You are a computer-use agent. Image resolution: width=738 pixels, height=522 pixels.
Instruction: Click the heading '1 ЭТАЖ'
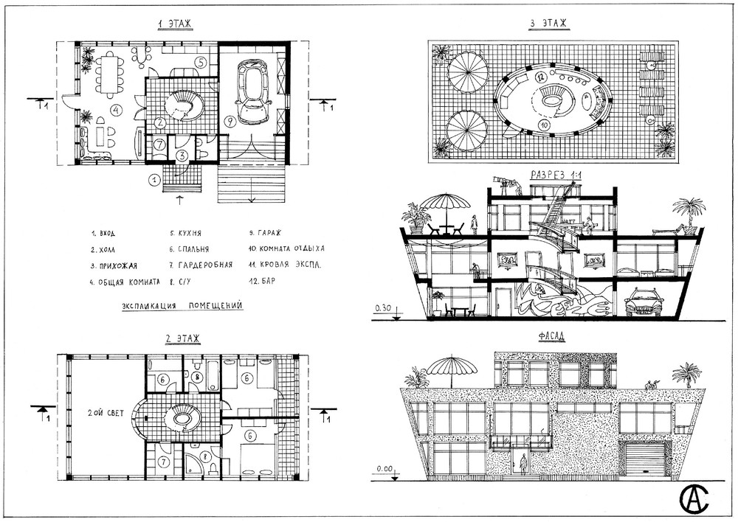(175, 24)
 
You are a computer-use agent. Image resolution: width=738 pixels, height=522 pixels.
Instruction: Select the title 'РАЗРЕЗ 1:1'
(556, 175)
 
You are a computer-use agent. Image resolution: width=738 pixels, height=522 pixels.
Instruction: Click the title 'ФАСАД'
(551, 336)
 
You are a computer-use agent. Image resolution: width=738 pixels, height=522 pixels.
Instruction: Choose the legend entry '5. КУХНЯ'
(186, 233)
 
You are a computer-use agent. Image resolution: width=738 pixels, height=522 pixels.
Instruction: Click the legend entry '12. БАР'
(262, 281)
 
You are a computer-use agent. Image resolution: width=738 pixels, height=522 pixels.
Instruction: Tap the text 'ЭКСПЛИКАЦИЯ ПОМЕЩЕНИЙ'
(182, 306)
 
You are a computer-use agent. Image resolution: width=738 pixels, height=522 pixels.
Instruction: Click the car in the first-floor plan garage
(253, 91)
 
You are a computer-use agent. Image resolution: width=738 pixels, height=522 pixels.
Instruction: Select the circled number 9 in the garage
(229, 121)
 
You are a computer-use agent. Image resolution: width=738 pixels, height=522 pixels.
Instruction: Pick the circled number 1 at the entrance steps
(154, 179)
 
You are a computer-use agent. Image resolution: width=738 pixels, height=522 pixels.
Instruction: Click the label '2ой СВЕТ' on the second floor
(106, 413)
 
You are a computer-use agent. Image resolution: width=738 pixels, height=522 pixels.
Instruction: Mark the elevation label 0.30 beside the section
(383, 309)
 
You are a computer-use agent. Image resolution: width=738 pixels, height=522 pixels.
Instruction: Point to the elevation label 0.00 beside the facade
(384, 469)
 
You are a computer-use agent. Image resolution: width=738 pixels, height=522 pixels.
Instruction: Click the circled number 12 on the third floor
(540, 76)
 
